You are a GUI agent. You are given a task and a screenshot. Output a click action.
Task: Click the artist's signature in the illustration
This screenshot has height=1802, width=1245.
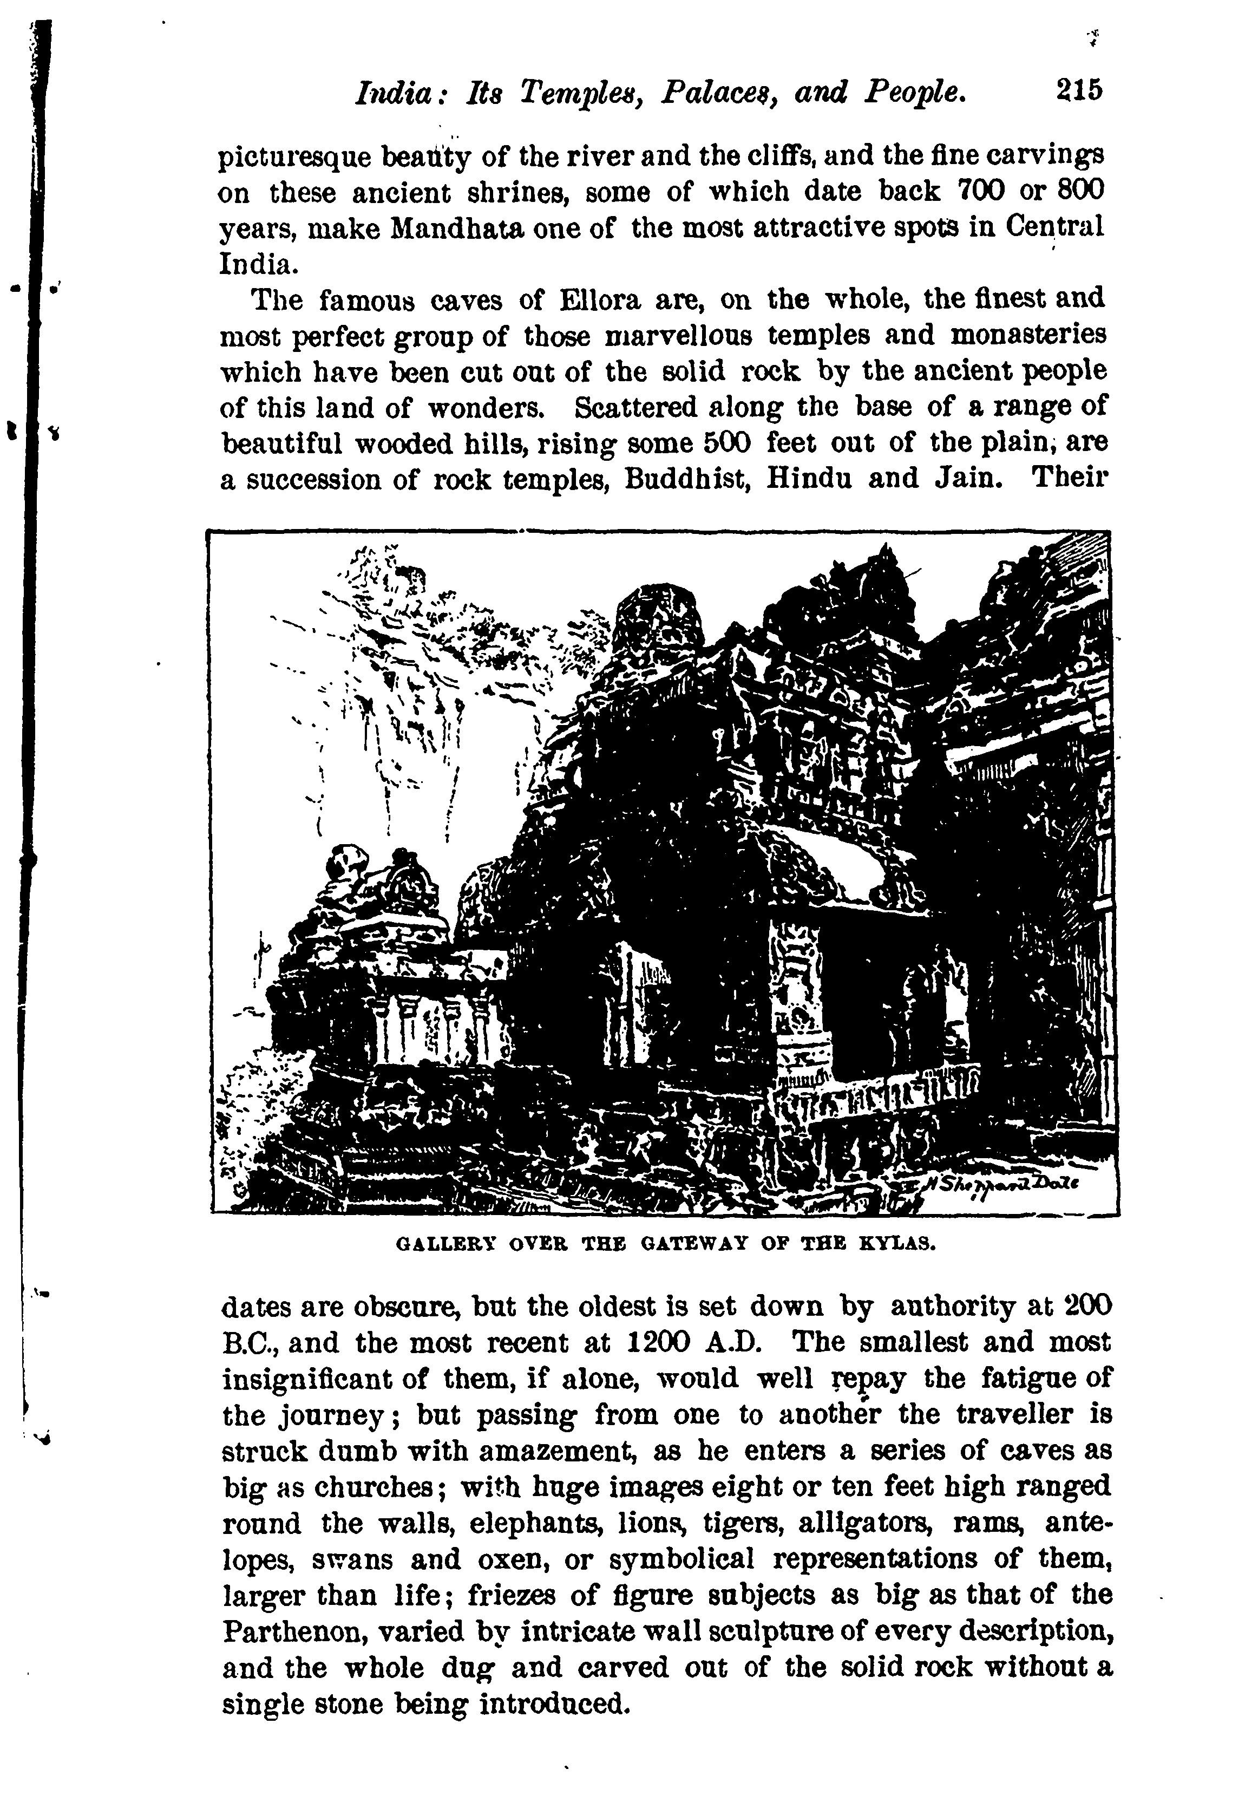click(x=1001, y=1185)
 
